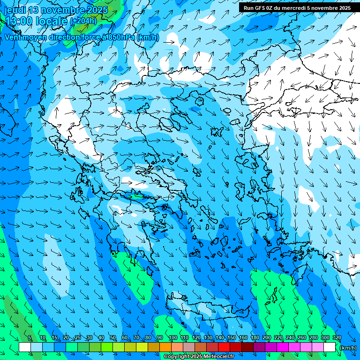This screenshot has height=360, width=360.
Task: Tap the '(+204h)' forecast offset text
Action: [83, 21]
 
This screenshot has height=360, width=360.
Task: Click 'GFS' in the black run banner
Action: [262, 8]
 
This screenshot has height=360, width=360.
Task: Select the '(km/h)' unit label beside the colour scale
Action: [347, 348]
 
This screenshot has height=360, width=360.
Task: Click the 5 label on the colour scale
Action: [30, 338]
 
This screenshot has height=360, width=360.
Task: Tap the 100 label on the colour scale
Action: [172, 338]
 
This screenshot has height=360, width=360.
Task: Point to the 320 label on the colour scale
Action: [337, 338]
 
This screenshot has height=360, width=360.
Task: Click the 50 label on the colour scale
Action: [112, 338]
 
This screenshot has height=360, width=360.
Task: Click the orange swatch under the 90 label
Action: [165, 347]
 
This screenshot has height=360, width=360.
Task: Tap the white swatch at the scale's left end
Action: [25, 347]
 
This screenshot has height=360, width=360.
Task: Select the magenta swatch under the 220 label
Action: [283, 347]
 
